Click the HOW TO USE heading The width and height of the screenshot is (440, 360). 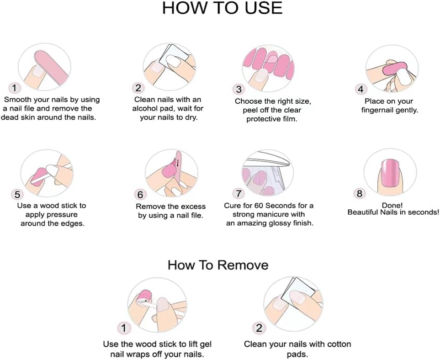pos(222,8)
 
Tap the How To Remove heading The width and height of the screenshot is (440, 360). pos(218,265)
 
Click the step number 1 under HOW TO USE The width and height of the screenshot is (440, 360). pos(15,88)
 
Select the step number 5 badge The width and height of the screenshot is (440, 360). pos(17,195)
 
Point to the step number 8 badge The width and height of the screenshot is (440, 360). pos(360,193)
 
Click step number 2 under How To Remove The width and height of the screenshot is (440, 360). pos(259,328)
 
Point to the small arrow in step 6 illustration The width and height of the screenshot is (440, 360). pos(177,162)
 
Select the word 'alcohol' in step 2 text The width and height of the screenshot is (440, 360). pos(146,109)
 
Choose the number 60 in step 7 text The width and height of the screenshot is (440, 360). pos(259,206)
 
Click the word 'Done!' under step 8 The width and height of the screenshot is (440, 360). pos(392,206)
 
